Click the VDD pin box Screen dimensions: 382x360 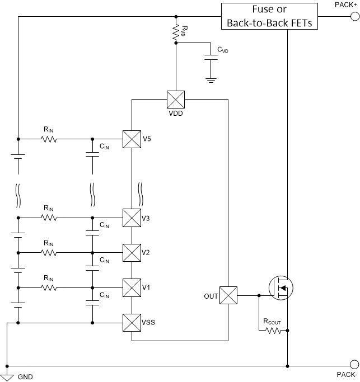[176, 100]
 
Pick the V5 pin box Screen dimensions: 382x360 [131, 139]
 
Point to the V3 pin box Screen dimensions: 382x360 [131, 217]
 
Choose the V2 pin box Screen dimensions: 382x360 [131, 252]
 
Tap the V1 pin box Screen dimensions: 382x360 [131, 287]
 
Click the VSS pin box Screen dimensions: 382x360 [131, 323]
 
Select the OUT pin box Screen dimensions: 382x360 [228, 295]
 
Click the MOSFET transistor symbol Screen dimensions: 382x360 [280, 289]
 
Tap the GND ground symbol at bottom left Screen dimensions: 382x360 [8, 374]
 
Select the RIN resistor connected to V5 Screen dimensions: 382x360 [49, 139]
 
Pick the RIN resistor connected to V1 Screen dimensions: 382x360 [49, 287]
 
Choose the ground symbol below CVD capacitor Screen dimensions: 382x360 [211, 80]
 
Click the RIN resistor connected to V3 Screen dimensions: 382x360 [49, 217]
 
